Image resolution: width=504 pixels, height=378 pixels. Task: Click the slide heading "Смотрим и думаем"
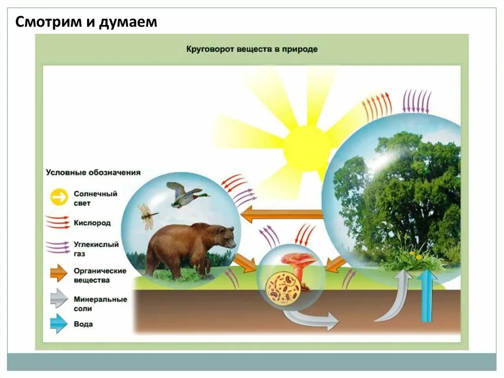tap(86, 23)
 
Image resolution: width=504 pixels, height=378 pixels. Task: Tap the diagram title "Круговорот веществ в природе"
tap(252, 49)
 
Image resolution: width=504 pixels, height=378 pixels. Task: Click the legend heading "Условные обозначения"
tap(93, 172)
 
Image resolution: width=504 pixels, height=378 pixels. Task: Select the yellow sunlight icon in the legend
tap(59, 198)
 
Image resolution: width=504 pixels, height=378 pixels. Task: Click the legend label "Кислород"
tap(92, 223)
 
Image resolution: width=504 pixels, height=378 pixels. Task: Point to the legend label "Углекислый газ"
tap(96, 249)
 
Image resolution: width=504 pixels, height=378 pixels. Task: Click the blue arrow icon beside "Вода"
tap(59, 324)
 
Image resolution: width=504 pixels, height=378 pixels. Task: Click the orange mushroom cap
tap(298, 259)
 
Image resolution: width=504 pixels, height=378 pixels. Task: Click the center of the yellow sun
tap(306, 148)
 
